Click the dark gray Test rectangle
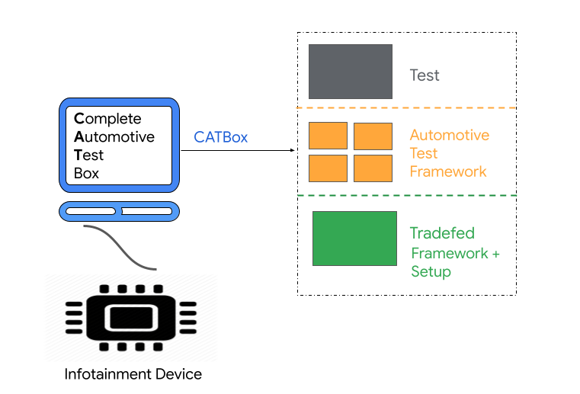click(x=350, y=72)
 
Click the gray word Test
click(x=425, y=75)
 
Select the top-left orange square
click(x=328, y=136)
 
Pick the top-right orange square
click(x=373, y=136)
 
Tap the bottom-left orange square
click(x=328, y=168)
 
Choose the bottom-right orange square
click(x=373, y=168)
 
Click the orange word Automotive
click(x=450, y=135)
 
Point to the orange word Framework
click(x=448, y=171)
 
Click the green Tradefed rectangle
click(x=354, y=239)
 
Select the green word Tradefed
click(x=442, y=233)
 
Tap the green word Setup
click(x=431, y=272)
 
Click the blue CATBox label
click(x=220, y=137)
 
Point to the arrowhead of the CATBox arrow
click(x=293, y=150)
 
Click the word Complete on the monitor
click(x=107, y=119)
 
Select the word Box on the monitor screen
click(x=86, y=174)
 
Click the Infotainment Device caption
click(x=133, y=374)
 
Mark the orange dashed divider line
click(x=406, y=108)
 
